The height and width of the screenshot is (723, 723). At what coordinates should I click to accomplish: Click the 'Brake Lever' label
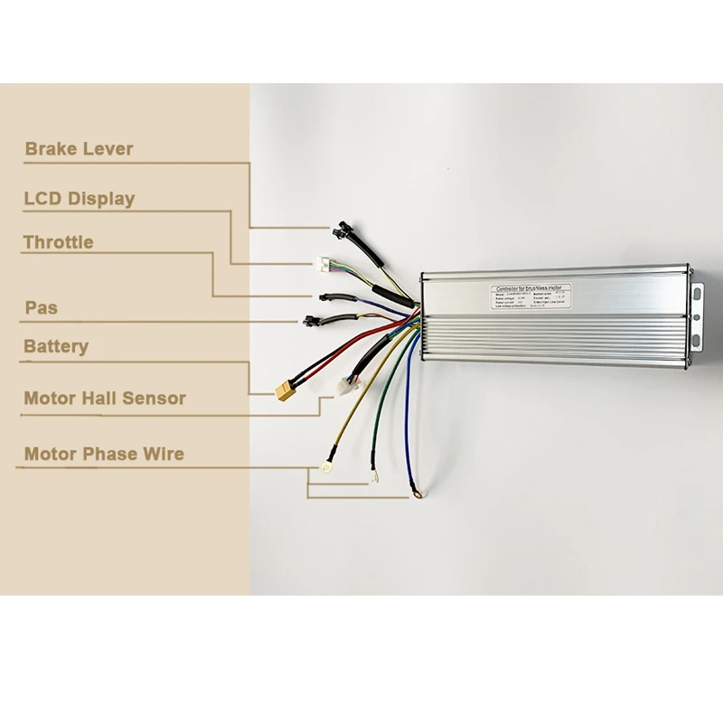coord(79,149)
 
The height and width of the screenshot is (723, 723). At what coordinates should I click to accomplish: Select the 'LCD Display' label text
coord(79,199)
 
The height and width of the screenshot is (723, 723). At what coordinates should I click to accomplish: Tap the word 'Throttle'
coord(58,242)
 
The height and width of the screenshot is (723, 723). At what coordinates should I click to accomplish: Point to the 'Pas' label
coord(41,308)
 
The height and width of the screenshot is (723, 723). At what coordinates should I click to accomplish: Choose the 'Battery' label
coord(56,346)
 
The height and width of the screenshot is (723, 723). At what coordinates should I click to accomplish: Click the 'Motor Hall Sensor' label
coord(105,398)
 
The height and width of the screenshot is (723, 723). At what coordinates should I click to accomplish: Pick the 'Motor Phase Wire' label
coord(103,454)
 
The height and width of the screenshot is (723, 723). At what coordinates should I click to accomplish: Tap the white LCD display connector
coord(323,265)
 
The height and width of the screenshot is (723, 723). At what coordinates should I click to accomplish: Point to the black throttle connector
coord(326,296)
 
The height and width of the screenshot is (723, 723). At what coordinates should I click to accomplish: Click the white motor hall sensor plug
coord(344,385)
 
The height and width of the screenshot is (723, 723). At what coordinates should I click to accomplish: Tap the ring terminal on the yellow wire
coord(322,468)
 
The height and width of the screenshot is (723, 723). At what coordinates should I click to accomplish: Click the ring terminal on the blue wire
coord(417,493)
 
